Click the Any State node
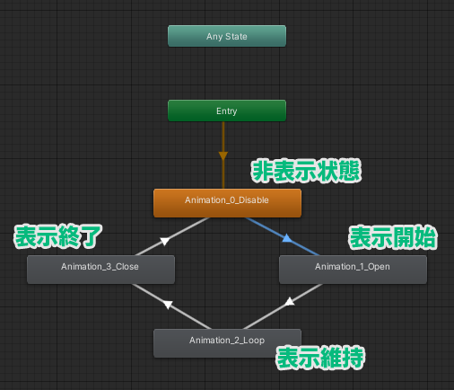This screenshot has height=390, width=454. tap(227, 36)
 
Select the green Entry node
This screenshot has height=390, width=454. tap(227, 111)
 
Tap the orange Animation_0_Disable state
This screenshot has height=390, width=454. tap(227, 203)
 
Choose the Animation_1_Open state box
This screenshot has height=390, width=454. tap(353, 270)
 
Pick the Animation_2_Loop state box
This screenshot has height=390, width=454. tap(227, 343)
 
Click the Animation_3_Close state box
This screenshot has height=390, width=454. tap(100, 270)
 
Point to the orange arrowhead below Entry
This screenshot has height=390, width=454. tap(223, 155)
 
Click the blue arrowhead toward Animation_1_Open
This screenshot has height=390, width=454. tap(287, 238)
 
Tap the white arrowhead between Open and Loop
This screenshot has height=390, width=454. tap(290, 301)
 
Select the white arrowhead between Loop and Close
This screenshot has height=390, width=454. tap(168, 305)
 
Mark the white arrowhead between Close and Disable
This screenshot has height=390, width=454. tap(165, 241)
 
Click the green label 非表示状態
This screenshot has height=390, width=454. tap(306, 171)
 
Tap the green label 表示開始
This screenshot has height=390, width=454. tap(393, 237)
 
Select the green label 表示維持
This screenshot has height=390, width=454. tap(320, 358)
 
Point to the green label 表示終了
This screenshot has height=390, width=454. tap(58, 236)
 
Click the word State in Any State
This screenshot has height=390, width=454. tap(236, 36)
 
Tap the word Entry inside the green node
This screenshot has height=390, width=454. tap(227, 111)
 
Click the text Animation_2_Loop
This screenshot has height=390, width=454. tap(227, 341)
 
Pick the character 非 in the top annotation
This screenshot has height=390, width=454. tap(262, 171)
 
